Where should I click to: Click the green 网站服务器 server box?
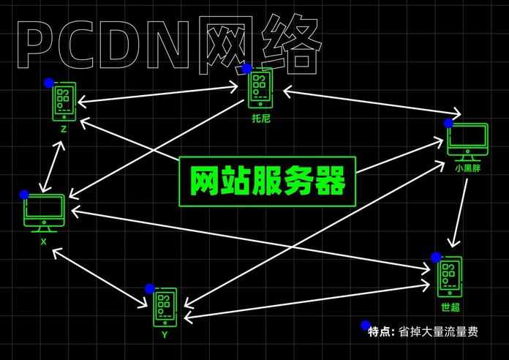(x=267, y=181)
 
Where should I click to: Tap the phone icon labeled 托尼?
(x=260, y=89)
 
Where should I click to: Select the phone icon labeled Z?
(x=64, y=102)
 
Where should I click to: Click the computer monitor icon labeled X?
(x=44, y=213)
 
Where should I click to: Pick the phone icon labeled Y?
(x=165, y=307)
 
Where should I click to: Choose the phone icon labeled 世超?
(x=450, y=277)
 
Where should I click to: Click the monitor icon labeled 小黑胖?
(x=467, y=142)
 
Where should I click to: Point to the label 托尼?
(x=261, y=119)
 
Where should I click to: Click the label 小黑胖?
(x=467, y=168)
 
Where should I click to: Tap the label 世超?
(x=450, y=307)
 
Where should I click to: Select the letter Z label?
(x=64, y=130)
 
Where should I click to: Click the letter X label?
(x=43, y=241)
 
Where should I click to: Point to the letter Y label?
(x=165, y=334)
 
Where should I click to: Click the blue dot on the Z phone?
(x=49, y=83)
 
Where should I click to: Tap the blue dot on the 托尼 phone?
(x=247, y=69)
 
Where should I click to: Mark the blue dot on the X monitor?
(x=24, y=195)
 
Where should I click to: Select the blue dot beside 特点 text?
(x=366, y=325)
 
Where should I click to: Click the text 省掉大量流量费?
(x=438, y=332)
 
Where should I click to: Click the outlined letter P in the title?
(x=35, y=44)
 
